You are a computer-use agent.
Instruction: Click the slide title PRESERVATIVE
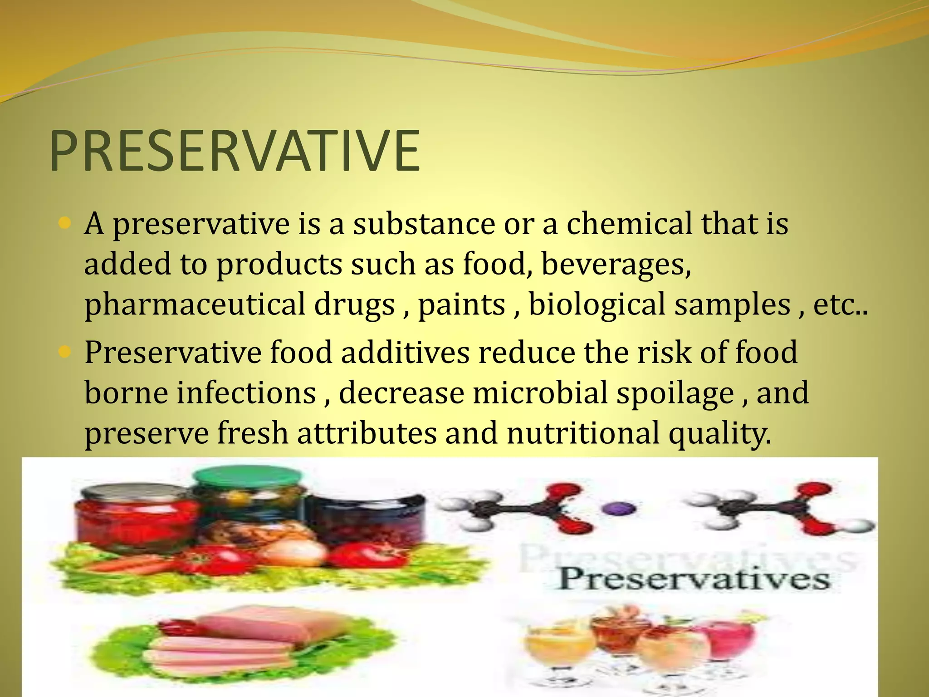[x=235, y=151]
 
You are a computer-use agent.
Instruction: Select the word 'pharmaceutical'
[x=195, y=304]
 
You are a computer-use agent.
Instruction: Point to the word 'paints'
[x=461, y=304]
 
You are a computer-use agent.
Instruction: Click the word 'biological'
[x=597, y=304]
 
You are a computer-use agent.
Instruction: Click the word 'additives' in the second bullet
[x=405, y=352]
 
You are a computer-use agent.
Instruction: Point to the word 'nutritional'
[x=583, y=433]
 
